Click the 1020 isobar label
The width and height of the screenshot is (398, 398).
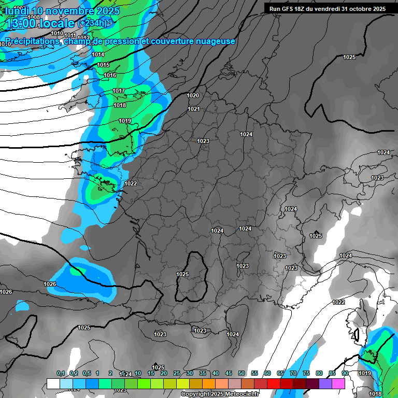[193, 95]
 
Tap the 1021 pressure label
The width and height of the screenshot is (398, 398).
[194, 109]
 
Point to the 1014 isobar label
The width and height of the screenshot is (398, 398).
[98, 54]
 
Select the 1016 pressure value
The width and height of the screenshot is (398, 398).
[110, 75]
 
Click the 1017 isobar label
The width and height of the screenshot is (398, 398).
[119, 91]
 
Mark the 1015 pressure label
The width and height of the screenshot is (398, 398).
[103, 65]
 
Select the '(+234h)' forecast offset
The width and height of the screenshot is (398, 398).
[93, 23]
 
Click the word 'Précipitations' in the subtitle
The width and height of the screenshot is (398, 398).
[32, 41]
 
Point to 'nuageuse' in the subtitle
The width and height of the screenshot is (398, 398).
[217, 41]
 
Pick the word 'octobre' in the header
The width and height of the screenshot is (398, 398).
[358, 9]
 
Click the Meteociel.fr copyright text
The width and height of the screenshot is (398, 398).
[220, 394]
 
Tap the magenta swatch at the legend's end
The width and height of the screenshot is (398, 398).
[338, 383]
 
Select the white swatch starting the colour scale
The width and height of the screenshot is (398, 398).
[53, 383]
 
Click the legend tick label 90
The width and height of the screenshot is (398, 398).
[345, 373]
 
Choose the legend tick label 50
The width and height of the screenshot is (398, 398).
[241, 373]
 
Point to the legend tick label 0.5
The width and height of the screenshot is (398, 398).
[86, 373]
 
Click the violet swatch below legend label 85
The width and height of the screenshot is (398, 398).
[325, 383]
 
